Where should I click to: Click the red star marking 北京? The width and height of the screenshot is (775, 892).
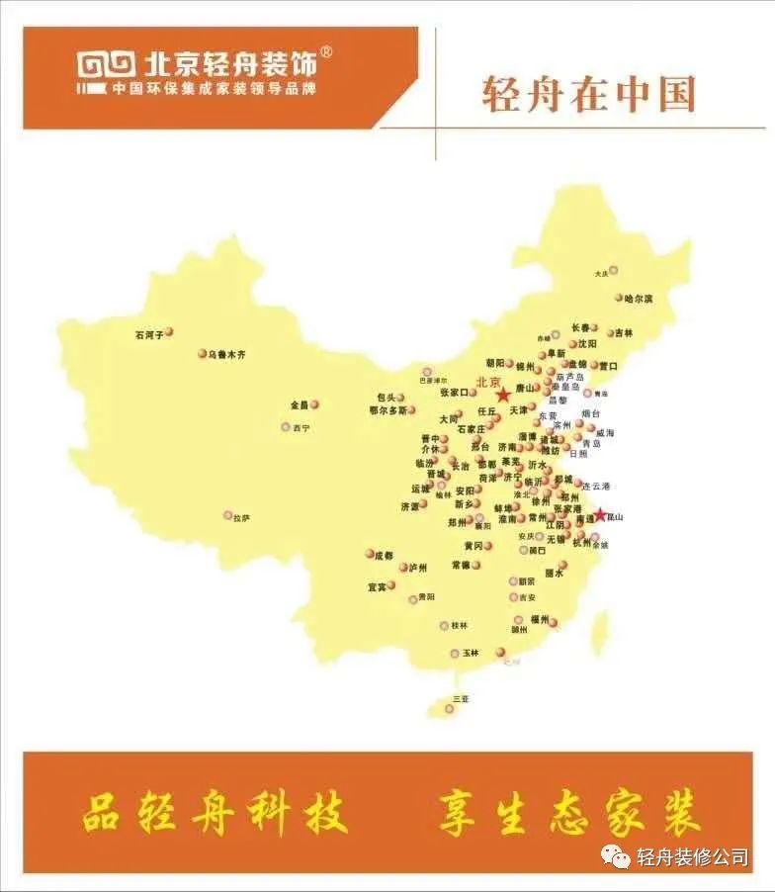(503, 393)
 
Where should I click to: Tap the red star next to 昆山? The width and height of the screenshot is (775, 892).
(599, 514)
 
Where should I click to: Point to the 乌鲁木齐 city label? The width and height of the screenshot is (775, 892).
(226, 354)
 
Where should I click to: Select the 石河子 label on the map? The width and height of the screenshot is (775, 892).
(149, 335)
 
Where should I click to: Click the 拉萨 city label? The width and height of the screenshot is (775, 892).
(241, 518)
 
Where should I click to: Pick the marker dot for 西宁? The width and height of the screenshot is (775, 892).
(287, 427)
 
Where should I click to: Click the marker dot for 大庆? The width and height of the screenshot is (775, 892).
(613, 269)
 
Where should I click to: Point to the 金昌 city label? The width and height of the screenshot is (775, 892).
(300, 404)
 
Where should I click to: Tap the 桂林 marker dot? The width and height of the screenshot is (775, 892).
(445, 625)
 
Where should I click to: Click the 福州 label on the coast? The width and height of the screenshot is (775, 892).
(539, 619)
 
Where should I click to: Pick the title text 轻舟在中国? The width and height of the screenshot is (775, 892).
(589, 94)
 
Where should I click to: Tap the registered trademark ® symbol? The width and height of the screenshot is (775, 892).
(326, 52)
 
